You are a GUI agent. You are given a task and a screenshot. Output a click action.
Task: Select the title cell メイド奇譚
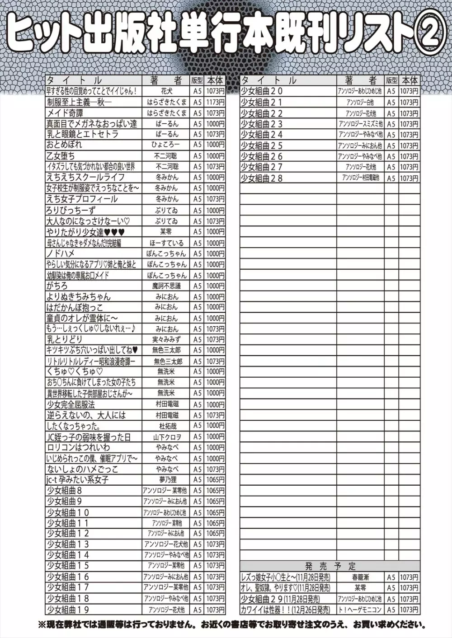[x=65, y=113]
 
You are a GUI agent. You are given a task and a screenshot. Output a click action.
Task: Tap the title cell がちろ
[x=57, y=286]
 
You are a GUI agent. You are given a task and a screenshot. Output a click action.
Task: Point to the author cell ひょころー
[x=167, y=145]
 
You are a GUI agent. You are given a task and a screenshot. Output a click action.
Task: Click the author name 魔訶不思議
[x=167, y=286]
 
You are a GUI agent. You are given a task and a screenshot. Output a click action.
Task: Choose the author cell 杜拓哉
[x=167, y=426]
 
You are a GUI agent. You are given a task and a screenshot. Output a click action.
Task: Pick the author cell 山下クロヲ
[x=167, y=436]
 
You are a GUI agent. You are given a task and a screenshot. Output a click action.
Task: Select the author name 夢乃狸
[x=167, y=480]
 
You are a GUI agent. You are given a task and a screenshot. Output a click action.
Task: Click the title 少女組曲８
[x=64, y=491]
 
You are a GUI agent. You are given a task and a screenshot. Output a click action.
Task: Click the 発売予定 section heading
[x=330, y=566]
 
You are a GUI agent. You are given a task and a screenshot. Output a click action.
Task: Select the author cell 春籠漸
[x=360, y=577]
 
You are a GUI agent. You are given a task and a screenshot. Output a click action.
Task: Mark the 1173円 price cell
[x=215, y=102]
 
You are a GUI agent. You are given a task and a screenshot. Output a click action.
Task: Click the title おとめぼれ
[x=64, y=145]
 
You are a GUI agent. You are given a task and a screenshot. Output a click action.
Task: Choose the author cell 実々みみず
[x=167, y=339]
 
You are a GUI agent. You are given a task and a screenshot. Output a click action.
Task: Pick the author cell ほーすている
[x=167, y=243]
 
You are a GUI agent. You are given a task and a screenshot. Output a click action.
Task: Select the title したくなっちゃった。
[x=74, y=426]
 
